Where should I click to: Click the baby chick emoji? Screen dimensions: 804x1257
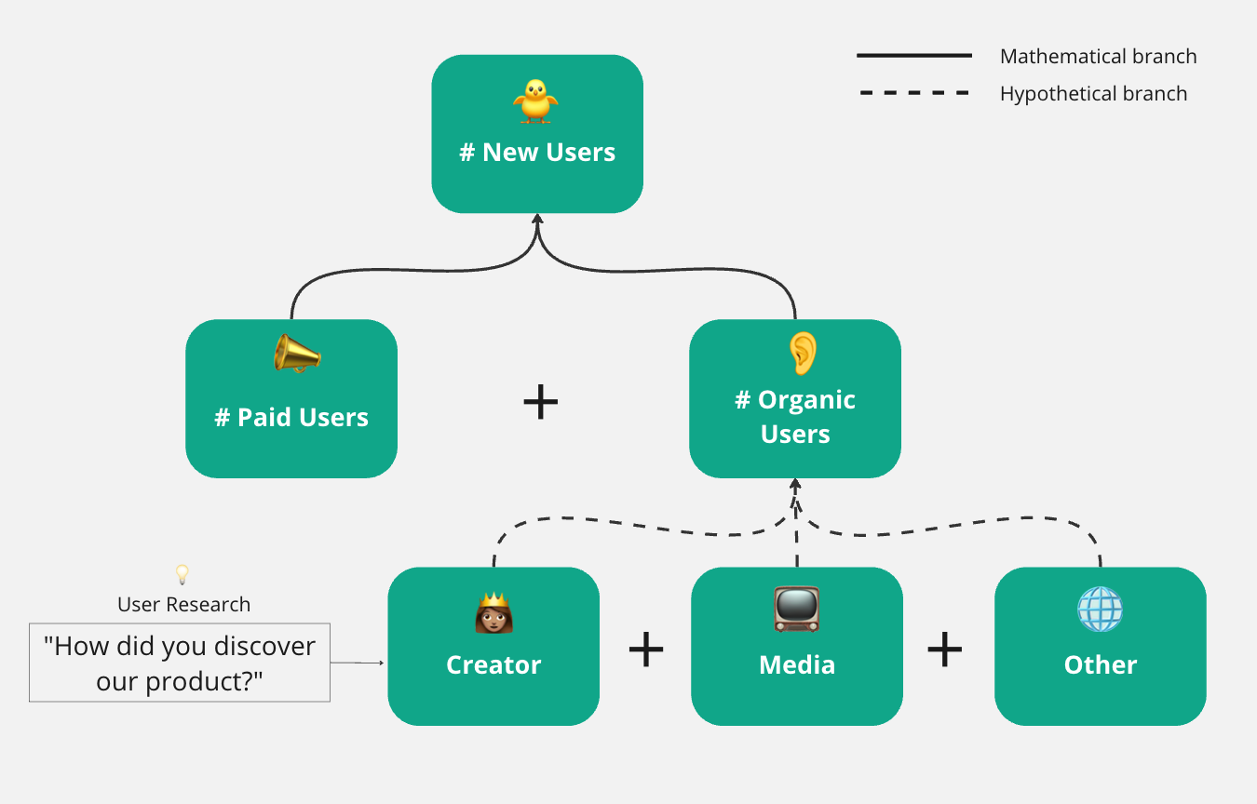click(535, 101)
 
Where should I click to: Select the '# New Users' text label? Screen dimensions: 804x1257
click(537, 153)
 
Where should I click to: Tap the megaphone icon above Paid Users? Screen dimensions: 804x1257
click(297, 355)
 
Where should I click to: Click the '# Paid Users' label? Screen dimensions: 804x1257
click(291, 418)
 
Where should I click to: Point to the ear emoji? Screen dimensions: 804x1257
click(802, 351)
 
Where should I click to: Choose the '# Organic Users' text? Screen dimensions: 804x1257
click(795, 417)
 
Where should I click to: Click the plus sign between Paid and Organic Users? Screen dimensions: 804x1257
click(541, 402)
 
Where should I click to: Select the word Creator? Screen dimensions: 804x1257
click(493, 665)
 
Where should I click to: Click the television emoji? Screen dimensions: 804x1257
click(796, 610)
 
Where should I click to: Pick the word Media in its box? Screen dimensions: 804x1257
click(797, 665)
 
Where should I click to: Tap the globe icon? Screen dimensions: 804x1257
click(1100, 610)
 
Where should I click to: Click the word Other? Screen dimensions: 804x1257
click(1101, 665)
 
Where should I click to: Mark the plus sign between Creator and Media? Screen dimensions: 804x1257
click(646, 650)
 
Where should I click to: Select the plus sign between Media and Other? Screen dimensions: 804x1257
click(945, 650)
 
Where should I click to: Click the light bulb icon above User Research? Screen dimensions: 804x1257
click(182, 574)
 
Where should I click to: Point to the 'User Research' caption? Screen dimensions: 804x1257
click(183, 605)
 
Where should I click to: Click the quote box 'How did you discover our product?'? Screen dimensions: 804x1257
click(180, 663)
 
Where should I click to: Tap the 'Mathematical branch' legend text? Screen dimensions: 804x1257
click(1098, 57)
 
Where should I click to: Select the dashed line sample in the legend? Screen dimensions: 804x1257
click(913, 93)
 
